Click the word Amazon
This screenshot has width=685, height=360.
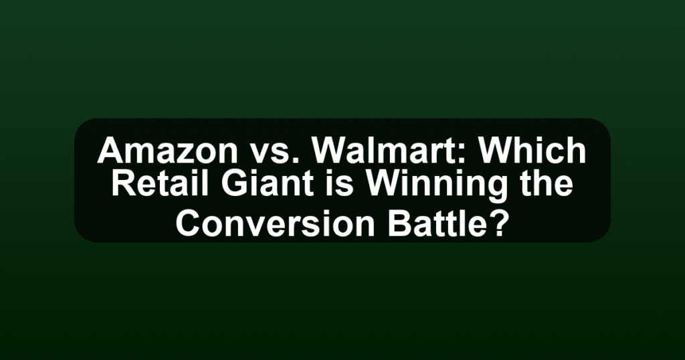click(167, 151)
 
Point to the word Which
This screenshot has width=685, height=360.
click(532, 151)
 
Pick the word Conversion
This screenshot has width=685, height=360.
click(275, 223)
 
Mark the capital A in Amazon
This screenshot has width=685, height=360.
click(110, 151)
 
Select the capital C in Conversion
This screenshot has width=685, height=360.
click(188, 223)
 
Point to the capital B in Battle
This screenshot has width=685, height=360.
click(399, 223)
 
